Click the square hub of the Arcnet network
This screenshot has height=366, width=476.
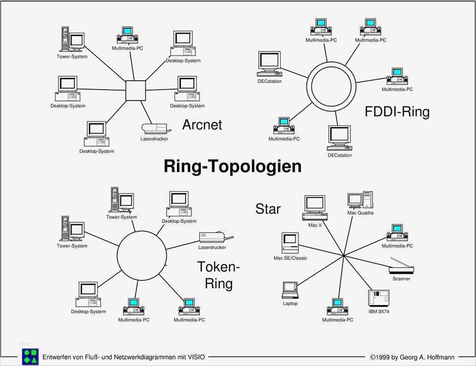point(135,90)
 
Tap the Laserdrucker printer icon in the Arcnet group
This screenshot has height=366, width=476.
point(155,129)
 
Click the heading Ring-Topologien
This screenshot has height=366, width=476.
point(233,166)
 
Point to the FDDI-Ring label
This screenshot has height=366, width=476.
point(397,111)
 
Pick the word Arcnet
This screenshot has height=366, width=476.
point(202,124)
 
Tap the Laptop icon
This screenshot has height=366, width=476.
point(290,290)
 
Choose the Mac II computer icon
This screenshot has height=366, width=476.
point(315,208)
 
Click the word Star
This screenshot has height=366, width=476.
point(268,209)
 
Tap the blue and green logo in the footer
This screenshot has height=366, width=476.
point(30,356)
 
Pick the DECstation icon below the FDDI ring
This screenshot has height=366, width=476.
point(340,138)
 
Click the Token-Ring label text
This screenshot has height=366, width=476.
point(218,275)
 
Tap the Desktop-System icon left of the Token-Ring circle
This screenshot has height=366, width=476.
point(88,295)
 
